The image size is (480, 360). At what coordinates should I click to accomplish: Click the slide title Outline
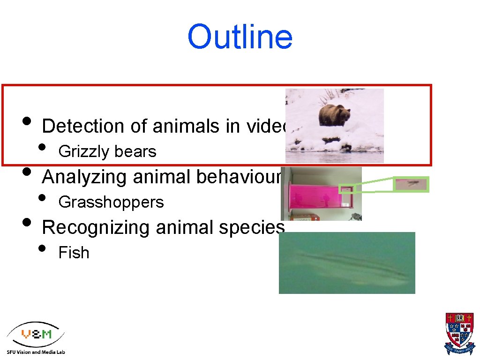240,37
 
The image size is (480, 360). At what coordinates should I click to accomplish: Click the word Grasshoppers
111,202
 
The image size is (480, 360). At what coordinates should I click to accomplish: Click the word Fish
74,253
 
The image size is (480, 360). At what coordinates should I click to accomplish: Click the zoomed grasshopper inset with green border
411,184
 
